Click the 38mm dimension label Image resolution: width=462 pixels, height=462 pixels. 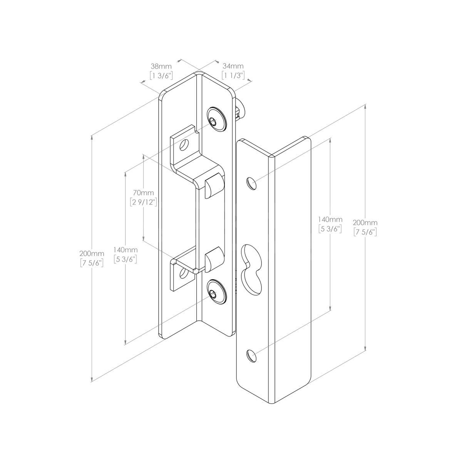pyautogui.click(x=161, y=67)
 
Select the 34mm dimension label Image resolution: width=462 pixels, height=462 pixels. pyautogui.click(x=233, y=67)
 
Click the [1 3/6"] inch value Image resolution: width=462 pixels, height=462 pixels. pyautogui.click(x=161, y=75)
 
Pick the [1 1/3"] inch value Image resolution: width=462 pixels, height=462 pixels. pyautogui.click(x=233, y=75)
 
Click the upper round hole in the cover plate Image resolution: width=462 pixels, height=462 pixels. pyautogui.click(x=251, y=183)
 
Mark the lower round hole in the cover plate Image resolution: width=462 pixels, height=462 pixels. pyautogui.click(x=251, y=356)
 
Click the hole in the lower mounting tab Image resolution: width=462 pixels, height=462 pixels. pyautogui.click(x=185, y=274)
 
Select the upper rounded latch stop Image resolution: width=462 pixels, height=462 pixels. pyautogui.click(x=213, y=186)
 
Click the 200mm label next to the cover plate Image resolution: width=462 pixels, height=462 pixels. pyautogui.click(x=365, y=223)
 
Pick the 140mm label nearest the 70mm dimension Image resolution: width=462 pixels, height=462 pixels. pyautogui.click(x=126, y=250)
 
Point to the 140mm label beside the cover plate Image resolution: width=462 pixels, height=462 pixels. pyautogui.click(x=330, y=219)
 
